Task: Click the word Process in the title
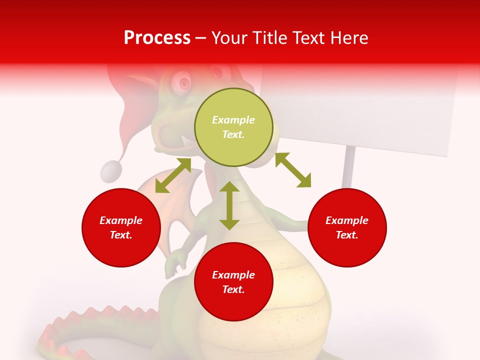tap(157, 38)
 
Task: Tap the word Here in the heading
tap(348, 38)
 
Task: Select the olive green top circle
tap(233, 127)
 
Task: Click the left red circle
tap(121, 227)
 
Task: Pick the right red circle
tap(347, 227)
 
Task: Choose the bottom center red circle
tap(233, 282)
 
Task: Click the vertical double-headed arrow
tap(229, 205)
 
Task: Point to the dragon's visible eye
tap(184, 83)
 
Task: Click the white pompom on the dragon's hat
tap(111, 171)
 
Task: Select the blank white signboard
tap(360, 110)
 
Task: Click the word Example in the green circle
tap(233, 120)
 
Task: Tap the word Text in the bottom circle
tap(233, 289)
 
